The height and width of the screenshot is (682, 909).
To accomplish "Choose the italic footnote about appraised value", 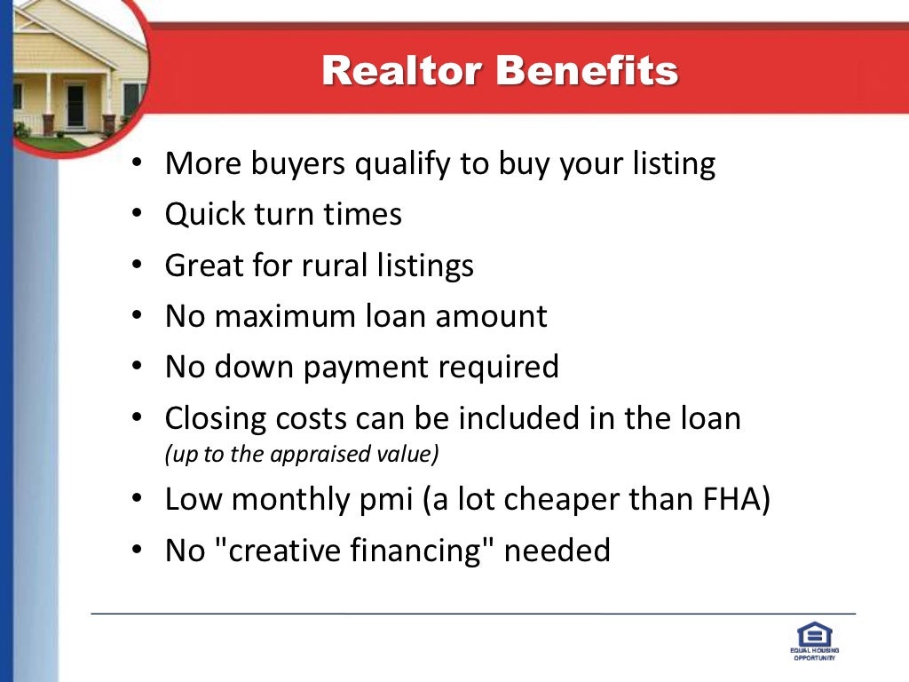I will [302, 454].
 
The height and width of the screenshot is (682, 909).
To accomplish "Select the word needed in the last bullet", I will [557, 551].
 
